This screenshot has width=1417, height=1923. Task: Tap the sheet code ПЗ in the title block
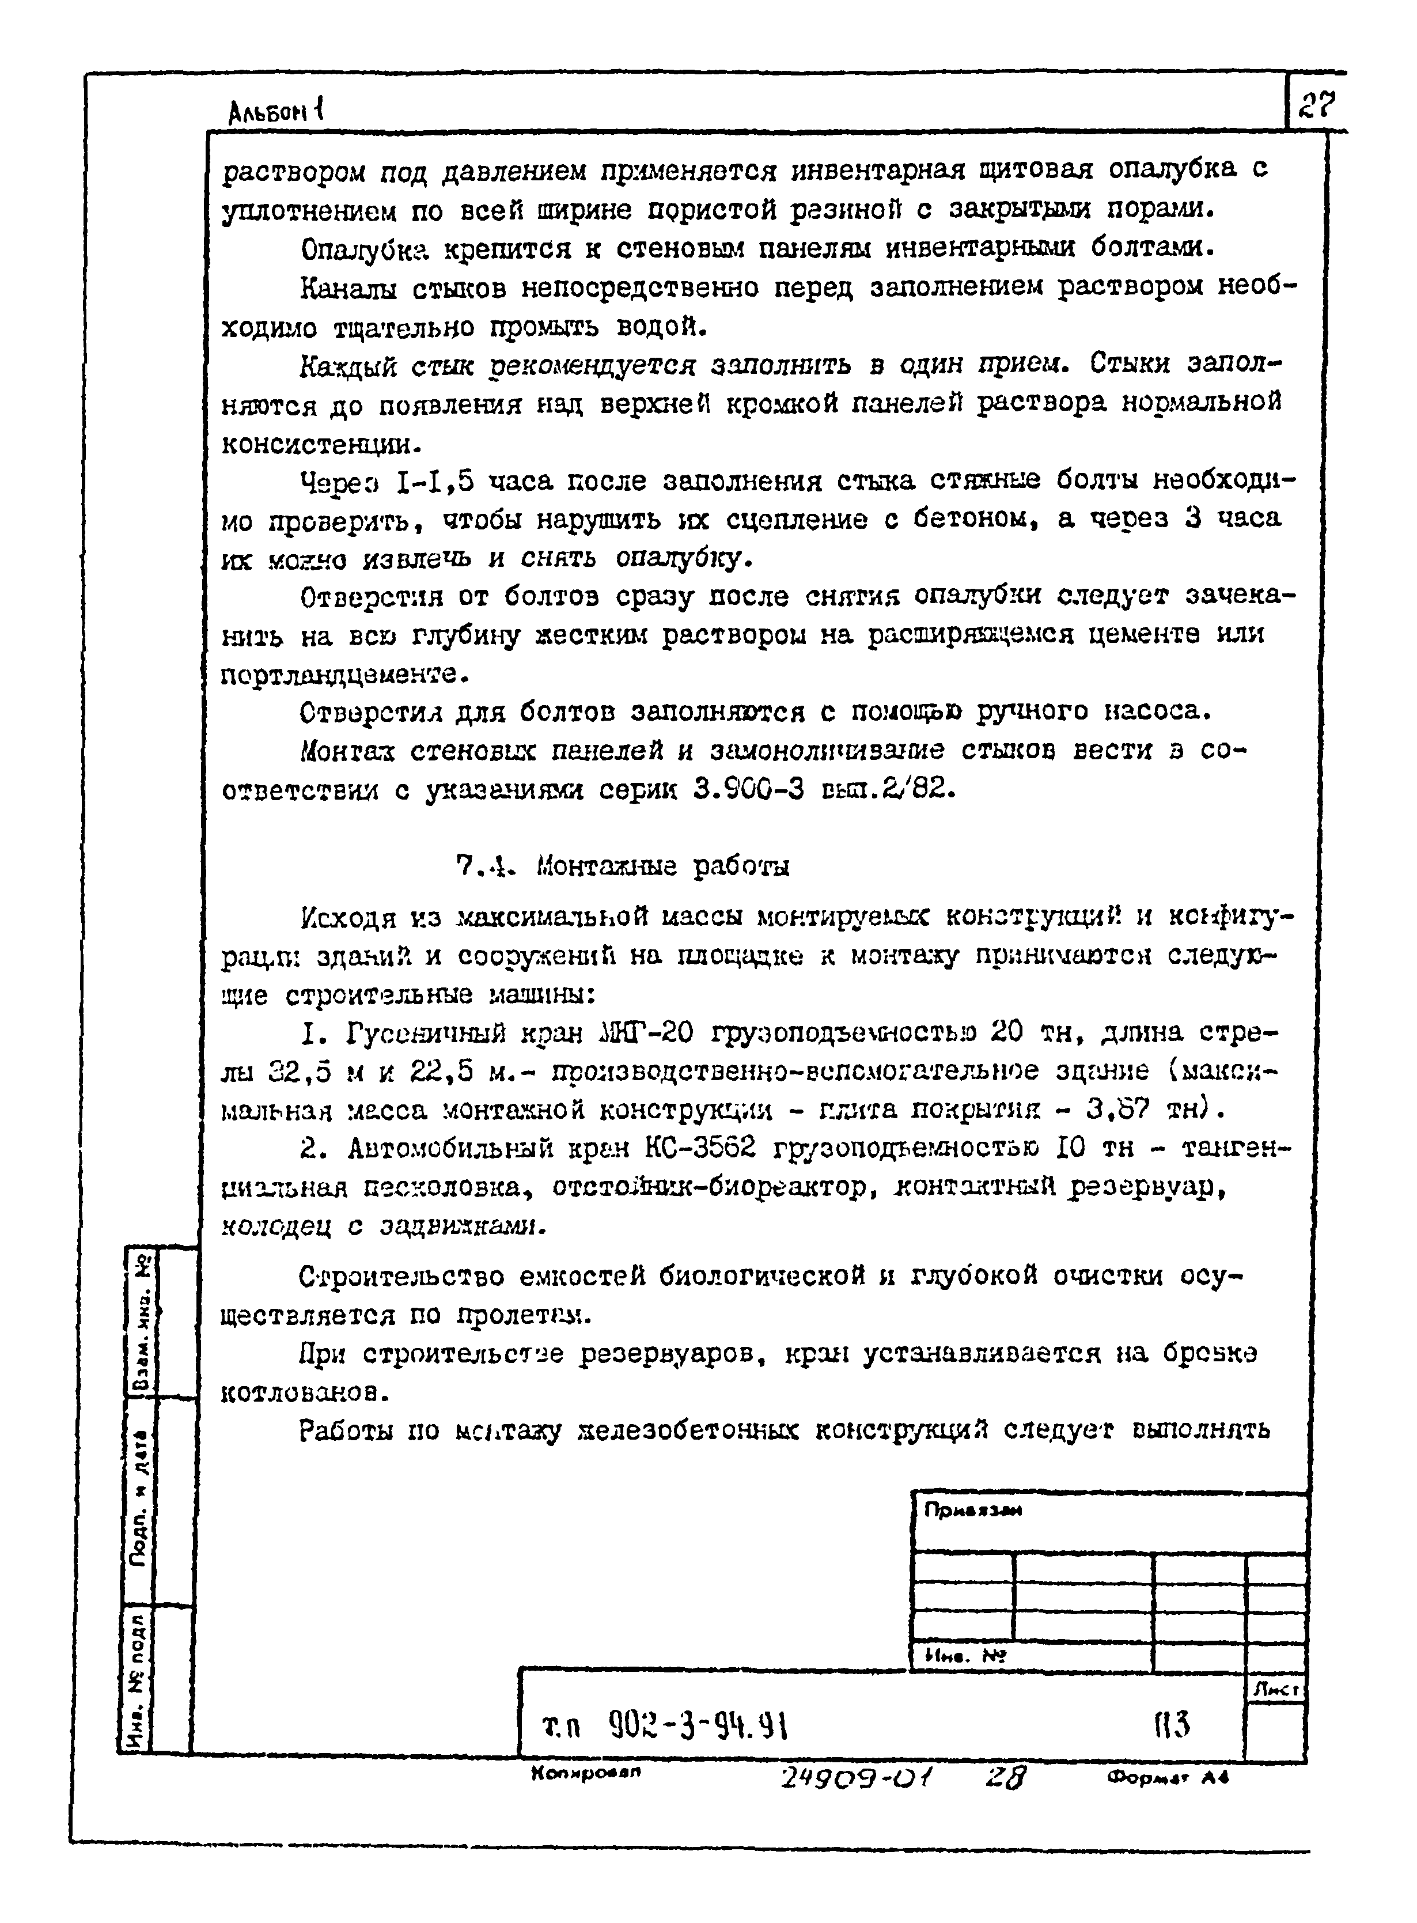pyautogui.click(x=1172, y=1723)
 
